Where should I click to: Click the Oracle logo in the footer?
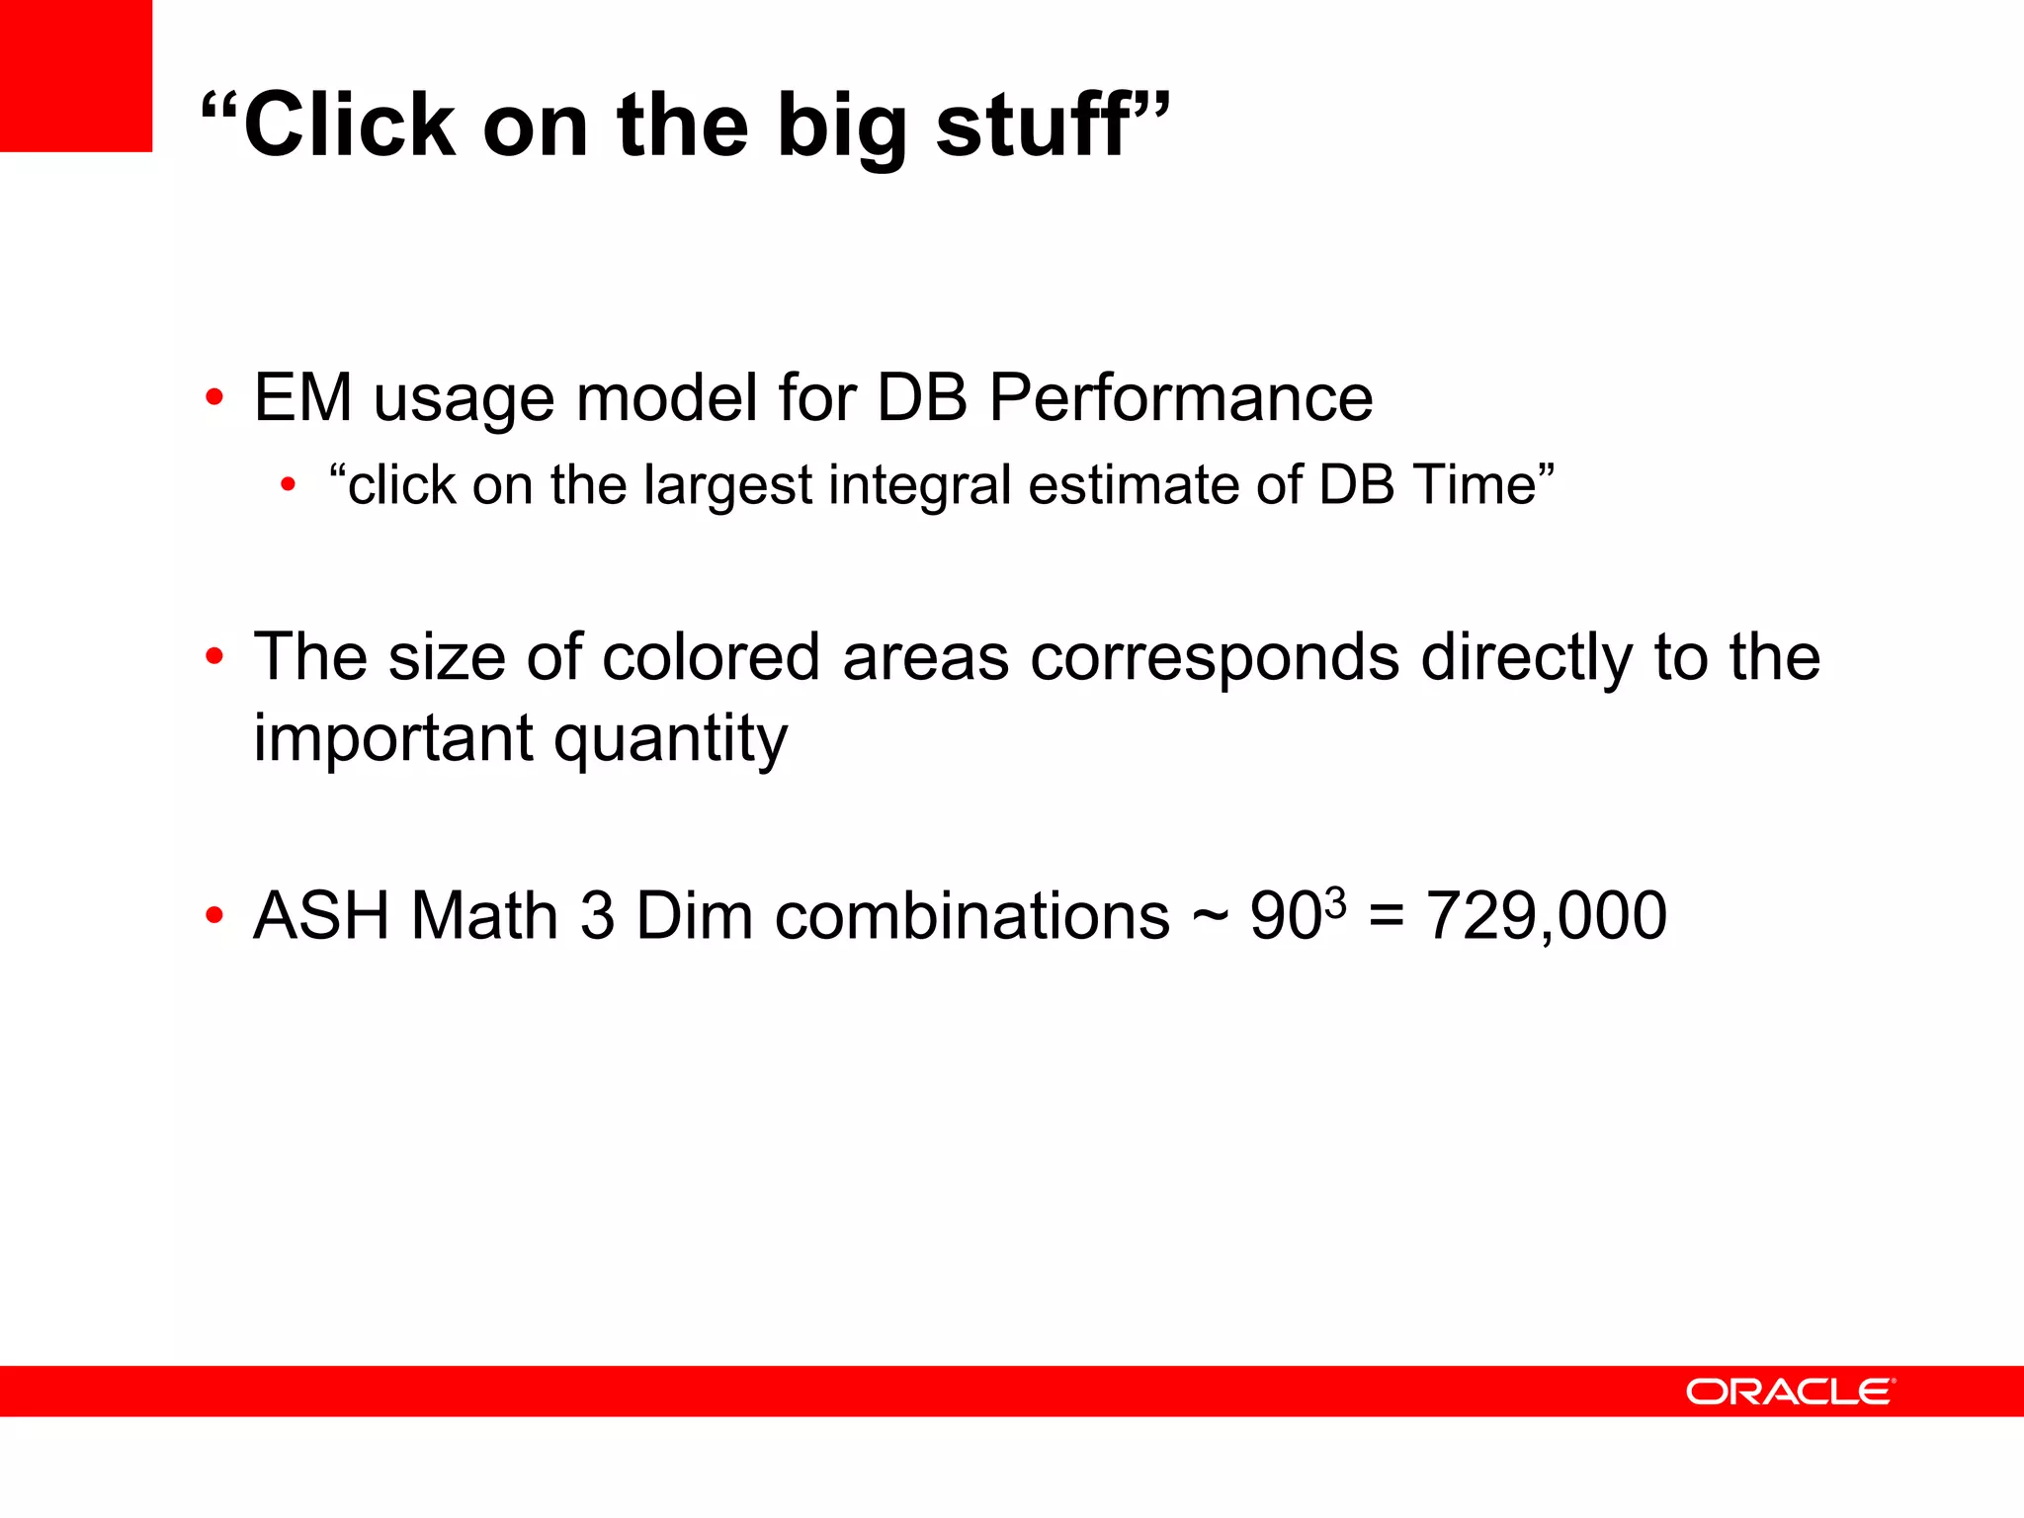[1790, 1391]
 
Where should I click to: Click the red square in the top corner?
[76, 76]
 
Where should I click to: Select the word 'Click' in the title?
[350, 125]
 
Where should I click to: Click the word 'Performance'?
[1180, 398]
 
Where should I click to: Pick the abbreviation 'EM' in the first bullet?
[302, 398]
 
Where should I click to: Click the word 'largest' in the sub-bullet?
[727, 486]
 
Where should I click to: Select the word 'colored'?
[711, 657]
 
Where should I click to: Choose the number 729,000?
[1546, 916]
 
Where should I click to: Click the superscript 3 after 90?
[1335, 900]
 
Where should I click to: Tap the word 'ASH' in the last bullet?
[321, 916]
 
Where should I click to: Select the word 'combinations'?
[971, 916]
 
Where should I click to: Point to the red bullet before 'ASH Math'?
[213, 916]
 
